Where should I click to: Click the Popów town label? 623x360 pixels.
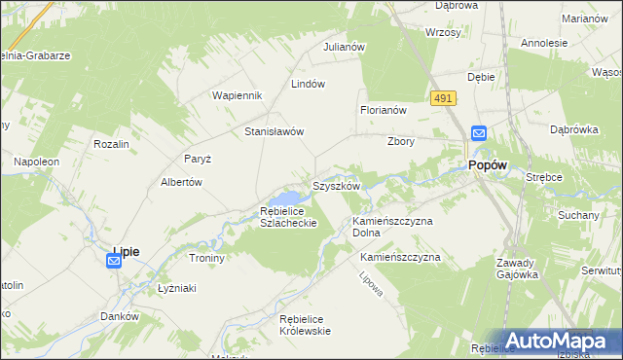tap(488, 166)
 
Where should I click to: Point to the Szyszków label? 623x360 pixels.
tap(337, 186)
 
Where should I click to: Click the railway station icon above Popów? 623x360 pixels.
tap(479, 134)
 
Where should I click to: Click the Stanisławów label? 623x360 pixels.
tap(275, 131)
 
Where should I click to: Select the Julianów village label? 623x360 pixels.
tap(344, 47)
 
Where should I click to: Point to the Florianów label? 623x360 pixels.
tap(383, 111)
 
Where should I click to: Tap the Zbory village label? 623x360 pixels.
tap(401, 141)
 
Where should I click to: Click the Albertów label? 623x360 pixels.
tap(180, 182)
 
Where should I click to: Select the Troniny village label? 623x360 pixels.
tap(207, 259)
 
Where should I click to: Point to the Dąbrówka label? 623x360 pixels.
tap(573, 128)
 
